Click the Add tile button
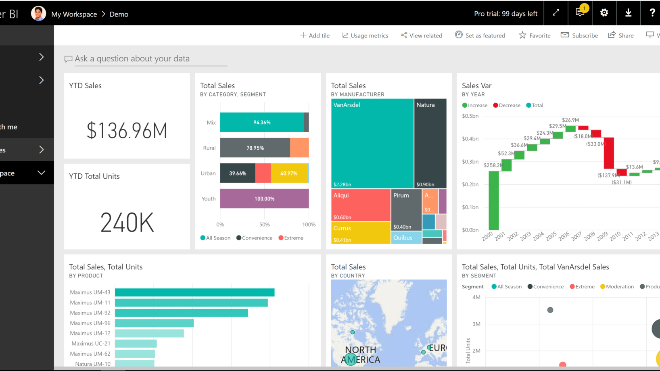[315, 35]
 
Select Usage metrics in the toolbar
[365, 35]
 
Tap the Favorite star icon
[522, 35]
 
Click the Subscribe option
[579, 35]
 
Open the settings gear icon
[604, 13]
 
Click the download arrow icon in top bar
[628, 13]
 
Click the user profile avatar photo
[38, 14]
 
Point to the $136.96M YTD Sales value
[127, 131]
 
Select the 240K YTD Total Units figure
[127, 223]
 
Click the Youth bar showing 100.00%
[264, 198]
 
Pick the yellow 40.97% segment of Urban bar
[289, 173]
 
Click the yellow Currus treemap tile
[360, 233]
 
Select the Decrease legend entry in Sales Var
[507, 105]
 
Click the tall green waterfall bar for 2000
[493, 200]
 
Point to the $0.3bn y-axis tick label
[470, 162]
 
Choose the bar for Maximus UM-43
[194, 292]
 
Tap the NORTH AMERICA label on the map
[361, 355]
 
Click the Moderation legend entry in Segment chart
[617, 287]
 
